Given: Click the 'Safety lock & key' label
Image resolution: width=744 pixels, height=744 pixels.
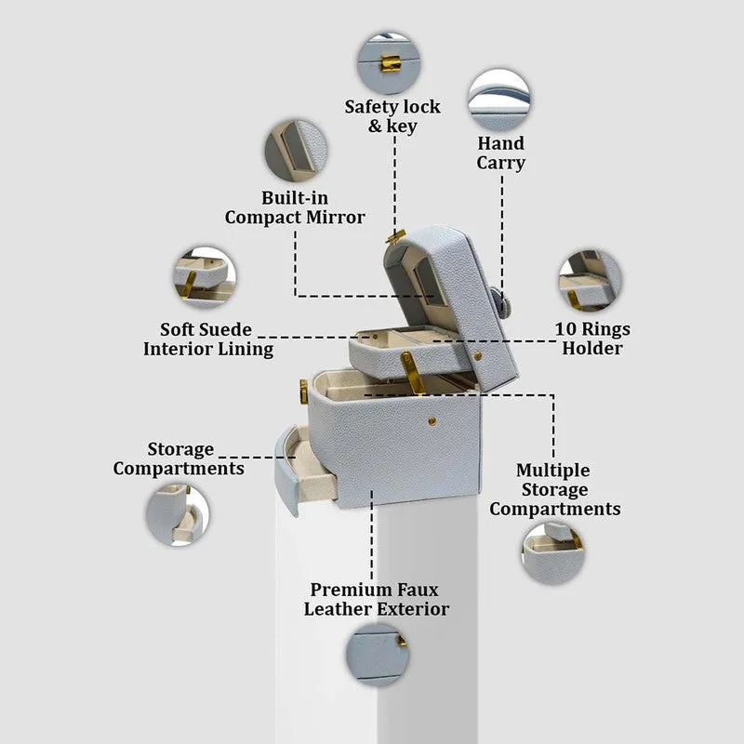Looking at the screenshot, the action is pyautogui.click(x=392, y=116).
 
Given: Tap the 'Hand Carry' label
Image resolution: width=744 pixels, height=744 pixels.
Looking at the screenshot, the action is pyautogui.click(x=501, y=153).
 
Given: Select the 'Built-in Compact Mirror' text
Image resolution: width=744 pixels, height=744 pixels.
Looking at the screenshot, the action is pyautogui.click(x=295, y=207).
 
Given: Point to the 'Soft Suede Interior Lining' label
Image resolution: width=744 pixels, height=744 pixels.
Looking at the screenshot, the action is pyautogui.click(x=207, y=339).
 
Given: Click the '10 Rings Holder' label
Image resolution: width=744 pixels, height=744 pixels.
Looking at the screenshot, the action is pyautogui.click(x=592, y=339).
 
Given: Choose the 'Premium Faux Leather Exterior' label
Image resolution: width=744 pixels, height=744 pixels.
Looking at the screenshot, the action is pyautogui.click(x=377, y=599).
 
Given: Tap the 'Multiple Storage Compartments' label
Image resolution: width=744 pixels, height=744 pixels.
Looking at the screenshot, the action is pyautogui.click(x=554, y=489).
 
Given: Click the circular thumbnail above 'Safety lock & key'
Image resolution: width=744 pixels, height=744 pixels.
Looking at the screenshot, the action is pyautogui.click(x=389, y=63).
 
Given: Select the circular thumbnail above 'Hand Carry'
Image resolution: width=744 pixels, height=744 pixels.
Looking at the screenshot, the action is pyautogui.click(x=499, y=100).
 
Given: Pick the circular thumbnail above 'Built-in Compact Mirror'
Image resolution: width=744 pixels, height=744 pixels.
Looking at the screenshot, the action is pyautogui.click(x=296, y=151).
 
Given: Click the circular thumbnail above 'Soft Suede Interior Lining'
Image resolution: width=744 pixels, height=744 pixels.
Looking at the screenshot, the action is pyautogui.click(x=205, y=277).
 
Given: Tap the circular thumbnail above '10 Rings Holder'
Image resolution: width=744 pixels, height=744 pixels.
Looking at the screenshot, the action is pyautogui.click(x=591, y=281).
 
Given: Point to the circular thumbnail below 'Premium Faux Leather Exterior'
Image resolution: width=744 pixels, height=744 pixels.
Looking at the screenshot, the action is pyautogui.click(x=378, y=655).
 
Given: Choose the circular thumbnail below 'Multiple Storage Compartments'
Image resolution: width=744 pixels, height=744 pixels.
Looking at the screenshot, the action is pyautogui.click(x=553, y=553).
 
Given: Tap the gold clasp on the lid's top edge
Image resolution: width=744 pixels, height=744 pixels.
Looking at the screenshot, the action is pyautogui.click(x=396, y=236).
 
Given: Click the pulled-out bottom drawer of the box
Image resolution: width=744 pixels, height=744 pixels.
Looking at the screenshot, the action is pyautogui.click(x=304, y=470).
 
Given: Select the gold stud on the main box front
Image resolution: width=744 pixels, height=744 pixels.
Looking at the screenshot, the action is pyautogui.click(x=432, y=421).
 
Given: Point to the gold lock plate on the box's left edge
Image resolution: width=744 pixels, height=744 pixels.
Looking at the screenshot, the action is pyautogui.click(x=304, y=392).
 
